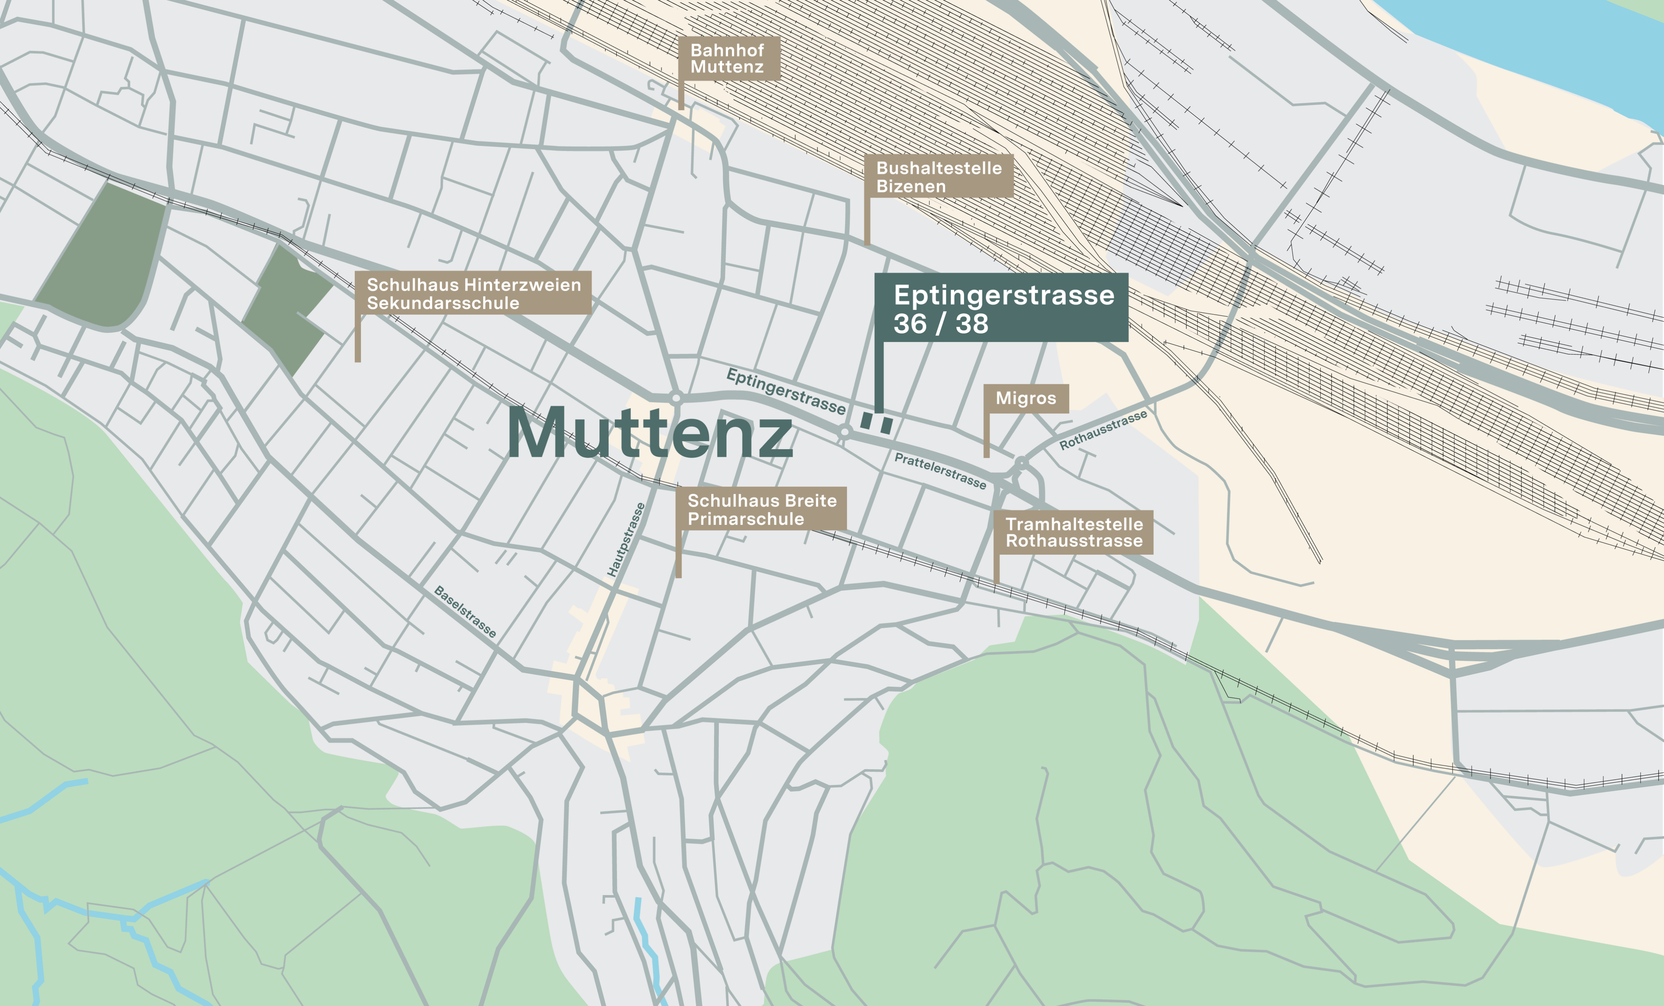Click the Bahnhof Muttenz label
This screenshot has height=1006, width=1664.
(x=728, y=59)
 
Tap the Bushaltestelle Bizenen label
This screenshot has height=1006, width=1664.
(x=939, y=177)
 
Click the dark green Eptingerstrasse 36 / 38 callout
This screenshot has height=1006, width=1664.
(x=1002, y=308)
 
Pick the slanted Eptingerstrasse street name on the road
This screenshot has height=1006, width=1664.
(x=785, y=392)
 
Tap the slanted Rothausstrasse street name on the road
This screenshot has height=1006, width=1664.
(x=1103, y=430)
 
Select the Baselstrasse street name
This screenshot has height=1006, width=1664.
(x=465, y=612)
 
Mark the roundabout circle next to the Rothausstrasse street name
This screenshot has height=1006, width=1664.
(x=1021, y=462)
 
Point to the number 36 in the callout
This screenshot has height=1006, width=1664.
(x=912, y=324)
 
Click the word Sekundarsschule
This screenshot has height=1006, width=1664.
(x=443, y=303)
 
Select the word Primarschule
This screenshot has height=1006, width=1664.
(x=746, y=519)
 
